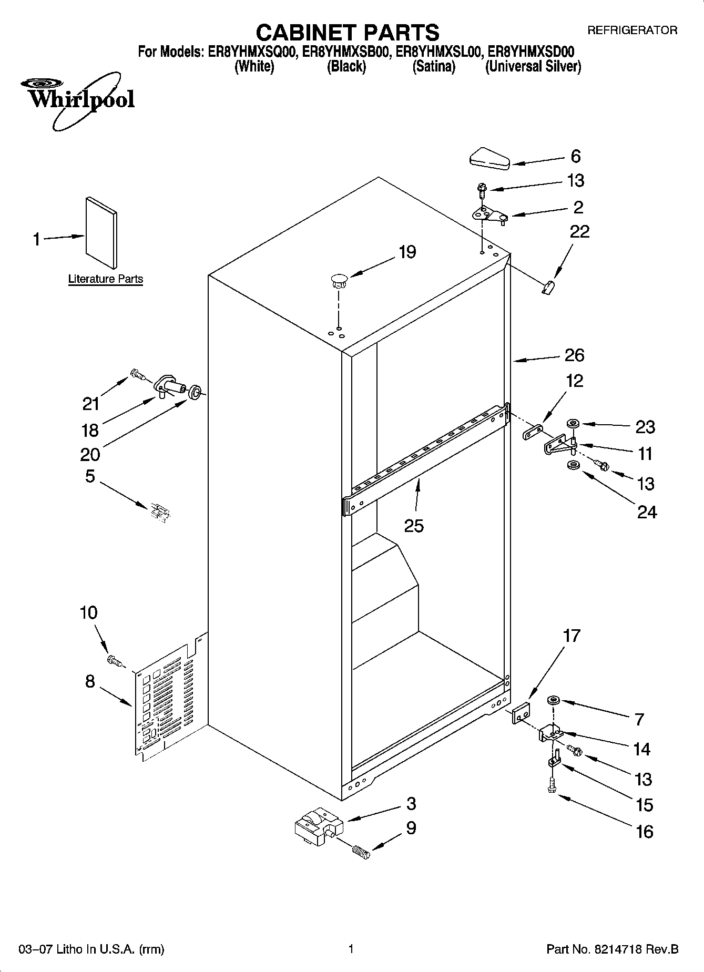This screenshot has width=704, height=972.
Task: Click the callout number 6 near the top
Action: [576, 156]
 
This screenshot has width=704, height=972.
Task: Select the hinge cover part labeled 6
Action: [489, 159]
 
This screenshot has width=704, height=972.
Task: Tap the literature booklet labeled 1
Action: [101, 232]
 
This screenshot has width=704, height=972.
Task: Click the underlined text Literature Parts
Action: [106, 279]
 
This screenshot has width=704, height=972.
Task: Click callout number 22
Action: [580, 231]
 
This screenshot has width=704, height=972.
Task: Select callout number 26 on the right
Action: [574, 355]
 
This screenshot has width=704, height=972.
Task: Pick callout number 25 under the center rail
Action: [414, 525]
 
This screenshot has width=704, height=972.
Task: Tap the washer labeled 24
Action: [572, 465]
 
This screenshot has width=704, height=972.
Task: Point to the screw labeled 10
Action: [113, 660]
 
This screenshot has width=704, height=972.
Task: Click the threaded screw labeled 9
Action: [361, 851]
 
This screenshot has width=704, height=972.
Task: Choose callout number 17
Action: [572, 636]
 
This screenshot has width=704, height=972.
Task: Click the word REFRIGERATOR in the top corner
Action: [632, 30]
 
